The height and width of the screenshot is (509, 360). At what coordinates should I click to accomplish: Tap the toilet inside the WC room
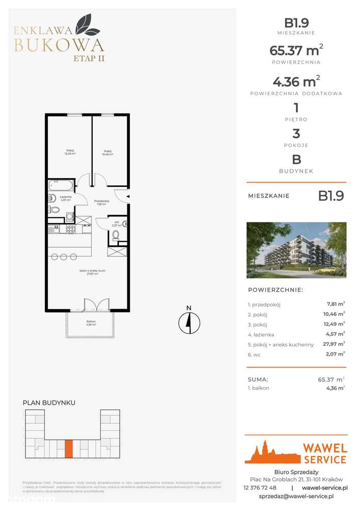click(116, 235)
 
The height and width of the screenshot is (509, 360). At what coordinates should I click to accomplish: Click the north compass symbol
click(188, 322)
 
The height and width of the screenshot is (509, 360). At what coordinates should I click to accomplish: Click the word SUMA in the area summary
click(258, 379)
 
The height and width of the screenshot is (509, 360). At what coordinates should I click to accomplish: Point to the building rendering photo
click(296, 250)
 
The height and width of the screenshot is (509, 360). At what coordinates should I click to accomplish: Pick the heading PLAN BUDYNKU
click(49, 403)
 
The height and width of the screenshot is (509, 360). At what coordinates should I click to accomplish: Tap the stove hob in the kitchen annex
click(71, 230)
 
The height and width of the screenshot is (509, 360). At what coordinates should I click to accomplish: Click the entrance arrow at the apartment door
click(128, 196)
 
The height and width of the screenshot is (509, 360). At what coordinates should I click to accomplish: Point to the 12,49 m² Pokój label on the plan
click(70, 152)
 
